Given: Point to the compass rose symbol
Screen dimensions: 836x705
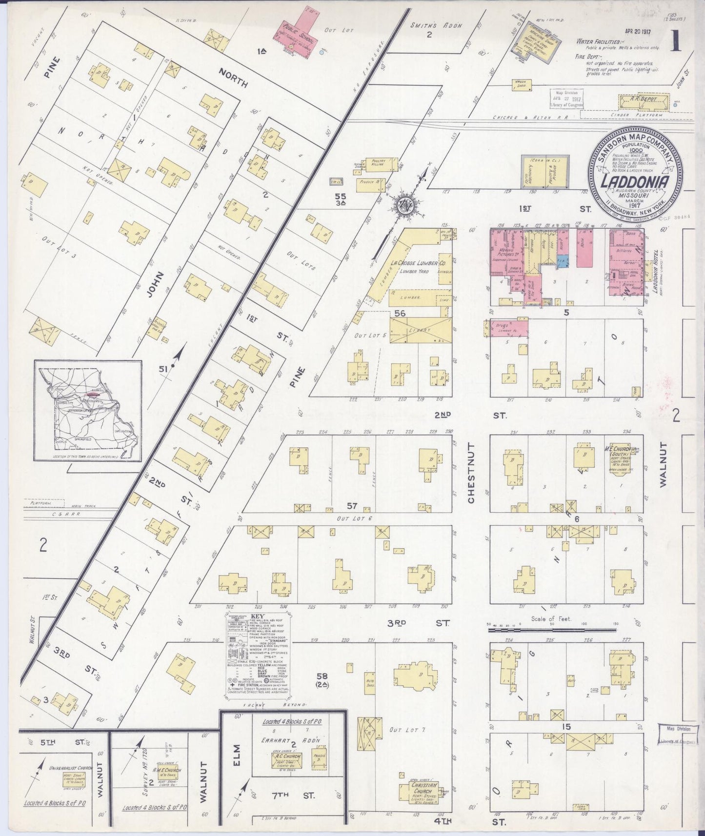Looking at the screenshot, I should (x=404, y=204).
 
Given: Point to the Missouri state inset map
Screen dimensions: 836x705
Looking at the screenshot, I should (x=88, y=411).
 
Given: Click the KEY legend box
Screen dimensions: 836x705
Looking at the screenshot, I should (x=258, y=654).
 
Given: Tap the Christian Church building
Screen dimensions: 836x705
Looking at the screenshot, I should (x=420, y=794).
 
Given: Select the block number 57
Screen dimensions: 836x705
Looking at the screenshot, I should (x=352, y=505).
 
